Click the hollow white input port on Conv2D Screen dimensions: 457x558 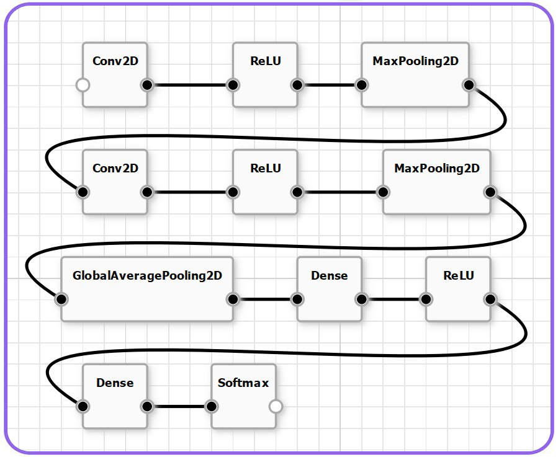(x=83, y=85)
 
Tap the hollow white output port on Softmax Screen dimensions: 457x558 (x=276, y=407)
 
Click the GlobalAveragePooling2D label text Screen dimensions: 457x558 (x=147, y=275)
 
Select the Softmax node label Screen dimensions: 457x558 (x=243, y=383)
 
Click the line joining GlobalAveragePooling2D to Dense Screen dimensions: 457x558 (x=265, y=299)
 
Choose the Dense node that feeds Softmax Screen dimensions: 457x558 (x=115, y=396)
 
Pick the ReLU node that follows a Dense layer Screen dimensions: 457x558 (x=458, y=288)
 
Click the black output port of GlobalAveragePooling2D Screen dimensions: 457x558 (x=233, y=299)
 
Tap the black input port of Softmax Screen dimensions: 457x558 (x=211, y=407)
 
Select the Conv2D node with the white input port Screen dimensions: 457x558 (x=115, y=74)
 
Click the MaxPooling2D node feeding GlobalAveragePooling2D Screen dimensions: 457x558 (x=436, y=181)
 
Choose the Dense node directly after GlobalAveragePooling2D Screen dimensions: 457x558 (x=329, y=288)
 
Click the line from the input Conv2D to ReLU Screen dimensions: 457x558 (x=190, y=85)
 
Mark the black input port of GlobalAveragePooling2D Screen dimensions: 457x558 (x=61, y=299)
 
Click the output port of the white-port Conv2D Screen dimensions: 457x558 (x=147, y=85)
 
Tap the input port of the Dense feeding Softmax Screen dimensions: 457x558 (x=83, y=407)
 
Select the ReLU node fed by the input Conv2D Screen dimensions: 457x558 (x=265, y=74)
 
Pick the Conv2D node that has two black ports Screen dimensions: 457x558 (x=115, y=181)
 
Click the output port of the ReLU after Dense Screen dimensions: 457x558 (x=490, y=299)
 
